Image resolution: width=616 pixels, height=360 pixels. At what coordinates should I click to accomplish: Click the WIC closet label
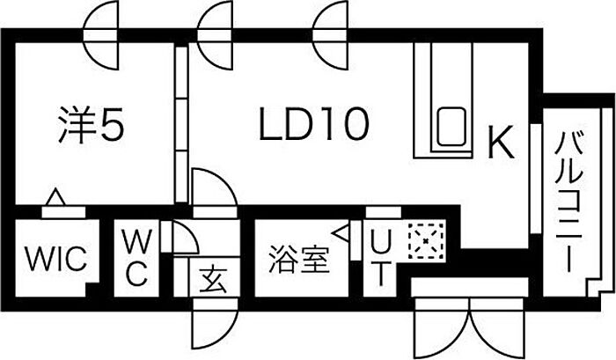pyautogui.click(x=55, y=259)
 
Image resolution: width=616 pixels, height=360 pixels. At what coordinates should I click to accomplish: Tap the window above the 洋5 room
pyautogui.click(x=101, y=34)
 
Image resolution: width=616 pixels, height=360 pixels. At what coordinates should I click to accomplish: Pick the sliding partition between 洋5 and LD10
pyautogui.click(x=180, y=123)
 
